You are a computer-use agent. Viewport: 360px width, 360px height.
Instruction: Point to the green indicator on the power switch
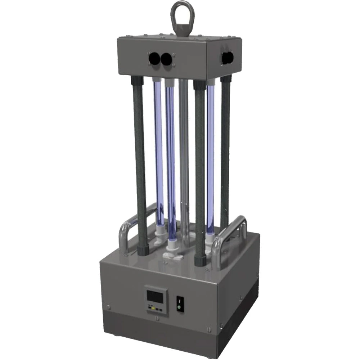(178, 307)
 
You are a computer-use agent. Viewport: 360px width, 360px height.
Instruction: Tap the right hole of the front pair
(166, 59)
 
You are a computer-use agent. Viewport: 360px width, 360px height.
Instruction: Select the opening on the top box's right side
(227, 58)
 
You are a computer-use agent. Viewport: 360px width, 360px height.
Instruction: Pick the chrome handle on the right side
(230, 234)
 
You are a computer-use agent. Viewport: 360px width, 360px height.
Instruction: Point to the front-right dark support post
(200, 169)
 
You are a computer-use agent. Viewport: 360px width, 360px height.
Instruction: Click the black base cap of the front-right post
(200, 259)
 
